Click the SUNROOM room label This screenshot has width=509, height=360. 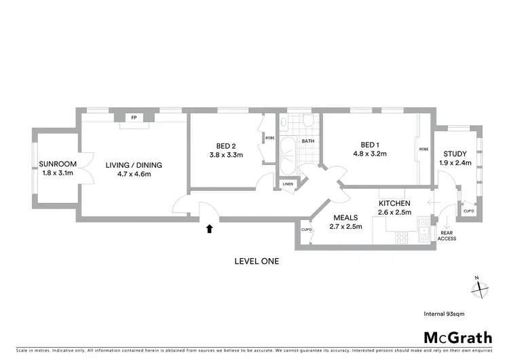pyautogui.click(x=56, y=164)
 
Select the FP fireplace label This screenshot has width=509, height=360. pyautogui.click(x=134, y=118)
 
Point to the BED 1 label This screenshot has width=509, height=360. pyautogui.click(x=370, y=145)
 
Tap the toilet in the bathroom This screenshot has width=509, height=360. pyautogui.click(x=307, y=122)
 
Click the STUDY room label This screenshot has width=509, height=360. pyautogui.click(x=455, y=154)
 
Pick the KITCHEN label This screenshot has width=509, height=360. pyautogui.click(x=393, y=203)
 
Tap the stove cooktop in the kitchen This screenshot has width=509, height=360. pyautogui.click(x=401, y=238)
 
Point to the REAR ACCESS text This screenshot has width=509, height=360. pyautogui.click(x=447, y=236)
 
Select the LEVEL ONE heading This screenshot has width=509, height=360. pyautogui.click(x=256, y=261)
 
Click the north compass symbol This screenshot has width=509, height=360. pyautogui.click(x=480, y=289)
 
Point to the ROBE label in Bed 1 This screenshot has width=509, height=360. pyautogui.click(x=423, y=149)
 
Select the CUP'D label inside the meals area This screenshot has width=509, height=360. pyautogui.click(x=306, y=230)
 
